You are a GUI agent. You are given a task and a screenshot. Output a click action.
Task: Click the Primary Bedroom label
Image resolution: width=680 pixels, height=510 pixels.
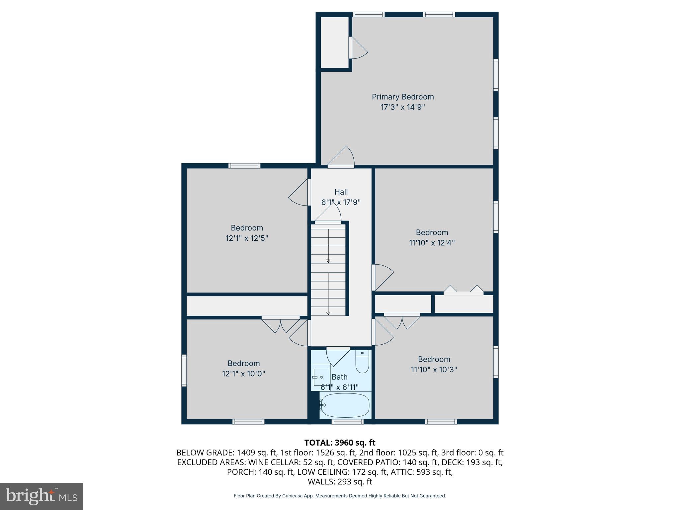[402, 97]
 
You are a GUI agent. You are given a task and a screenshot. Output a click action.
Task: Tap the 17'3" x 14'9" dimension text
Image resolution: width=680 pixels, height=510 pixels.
[402, 107]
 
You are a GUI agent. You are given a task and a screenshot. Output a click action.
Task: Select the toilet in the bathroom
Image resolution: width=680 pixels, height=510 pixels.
[362, 362]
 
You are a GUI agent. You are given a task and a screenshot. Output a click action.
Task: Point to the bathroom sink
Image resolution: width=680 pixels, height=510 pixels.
[321, 377]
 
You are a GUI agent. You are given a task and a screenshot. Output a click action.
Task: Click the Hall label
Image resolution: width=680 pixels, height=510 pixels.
[341, 192]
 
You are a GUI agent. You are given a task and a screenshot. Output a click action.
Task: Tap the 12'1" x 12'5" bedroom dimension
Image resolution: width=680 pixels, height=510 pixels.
[247, 238]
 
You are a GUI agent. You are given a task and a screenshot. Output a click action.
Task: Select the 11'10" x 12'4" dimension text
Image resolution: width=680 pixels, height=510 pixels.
[432, 243]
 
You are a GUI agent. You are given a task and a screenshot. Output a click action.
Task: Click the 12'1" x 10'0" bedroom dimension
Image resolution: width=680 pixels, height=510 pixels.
[243, 374]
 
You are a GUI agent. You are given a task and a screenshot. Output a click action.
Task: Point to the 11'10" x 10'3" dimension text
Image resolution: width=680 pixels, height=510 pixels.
[434, 370]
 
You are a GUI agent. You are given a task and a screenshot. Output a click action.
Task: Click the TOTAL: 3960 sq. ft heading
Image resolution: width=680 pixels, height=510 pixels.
[340, 443]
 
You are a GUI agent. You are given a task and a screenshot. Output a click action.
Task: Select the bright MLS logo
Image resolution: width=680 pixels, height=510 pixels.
[42, 496]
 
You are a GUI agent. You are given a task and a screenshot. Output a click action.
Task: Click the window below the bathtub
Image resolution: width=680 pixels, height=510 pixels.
[347, 422]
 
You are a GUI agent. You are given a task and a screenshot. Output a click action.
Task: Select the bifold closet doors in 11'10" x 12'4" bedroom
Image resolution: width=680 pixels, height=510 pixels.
[464, 290]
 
